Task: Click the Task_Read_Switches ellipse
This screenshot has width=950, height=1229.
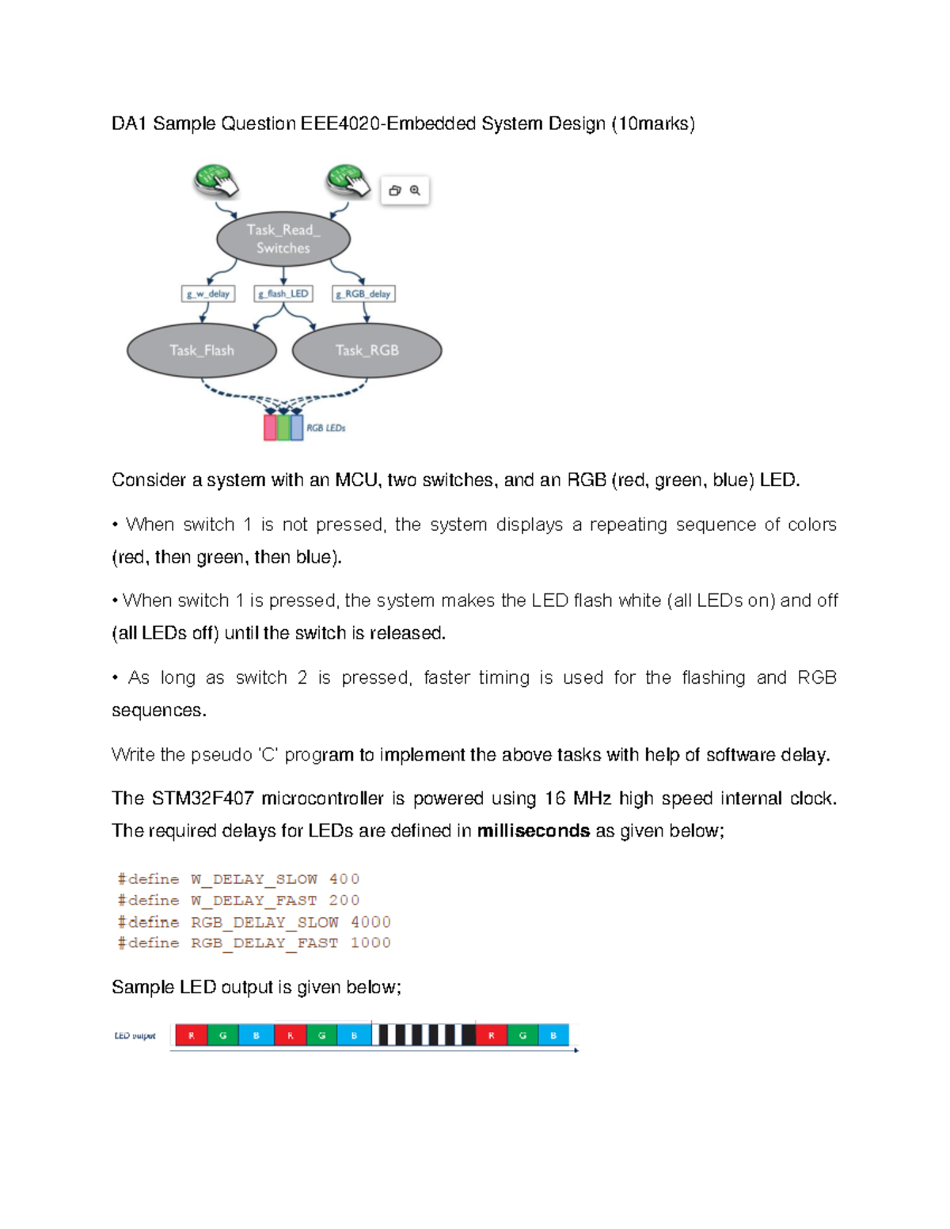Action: coord(283,239)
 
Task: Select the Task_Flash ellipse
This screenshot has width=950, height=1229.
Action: coord(202,351)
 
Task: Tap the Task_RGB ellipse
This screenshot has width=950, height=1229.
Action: coord(367,351)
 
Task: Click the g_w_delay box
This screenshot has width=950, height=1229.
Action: coord(208,294)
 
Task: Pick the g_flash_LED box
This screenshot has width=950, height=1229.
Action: coord(283,294)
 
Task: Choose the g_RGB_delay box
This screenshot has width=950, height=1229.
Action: coord(363,294)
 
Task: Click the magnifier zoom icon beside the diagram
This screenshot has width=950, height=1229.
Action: coord(416,191)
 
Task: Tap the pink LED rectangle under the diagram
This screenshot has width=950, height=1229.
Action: coord(270,427)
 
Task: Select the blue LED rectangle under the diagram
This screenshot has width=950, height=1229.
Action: coord(297,427)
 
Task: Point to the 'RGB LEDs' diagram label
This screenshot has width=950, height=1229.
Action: coord(326,428)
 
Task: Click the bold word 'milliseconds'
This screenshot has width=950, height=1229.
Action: coord(534,831)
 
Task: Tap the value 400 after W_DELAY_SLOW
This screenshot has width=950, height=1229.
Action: coord(344,879)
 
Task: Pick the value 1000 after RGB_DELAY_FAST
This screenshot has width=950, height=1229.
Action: coord(370,943)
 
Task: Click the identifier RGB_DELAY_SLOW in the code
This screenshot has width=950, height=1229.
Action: coord(264,922)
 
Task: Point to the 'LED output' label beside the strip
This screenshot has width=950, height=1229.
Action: coord(135,1036)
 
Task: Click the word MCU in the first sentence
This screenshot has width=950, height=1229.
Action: coord(355,480)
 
